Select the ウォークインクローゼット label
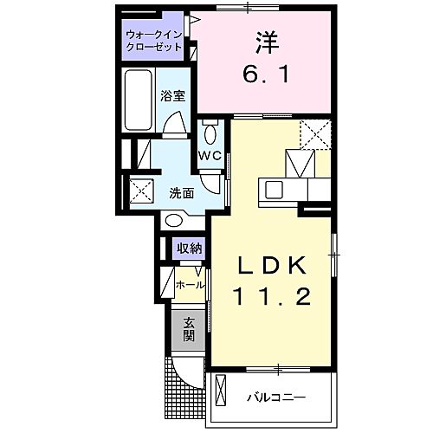click(x=153, y=41)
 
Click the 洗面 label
click(x=180, y=191)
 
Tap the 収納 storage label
click(x=190, y=249)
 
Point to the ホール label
click(x=190, y=284)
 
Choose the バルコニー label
click(x=280, y=398)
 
